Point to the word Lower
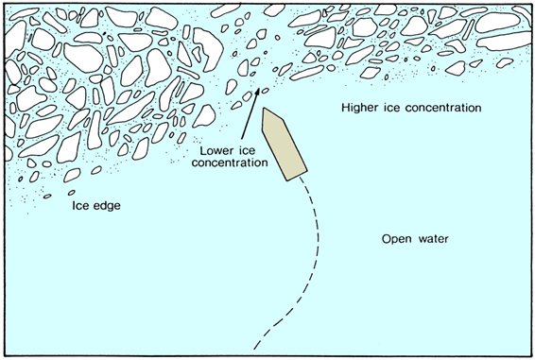click(x=217, y=149)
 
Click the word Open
click(x=397, y=239)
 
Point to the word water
click(x=431, y=239)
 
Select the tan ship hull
click(x=284, y=144)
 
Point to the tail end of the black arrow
click(x=244, y=140)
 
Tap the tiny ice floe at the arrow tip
click(x=260, y=91)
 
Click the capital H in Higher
click(x=345, y=109)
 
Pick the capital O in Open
click(x=386, y=239)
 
